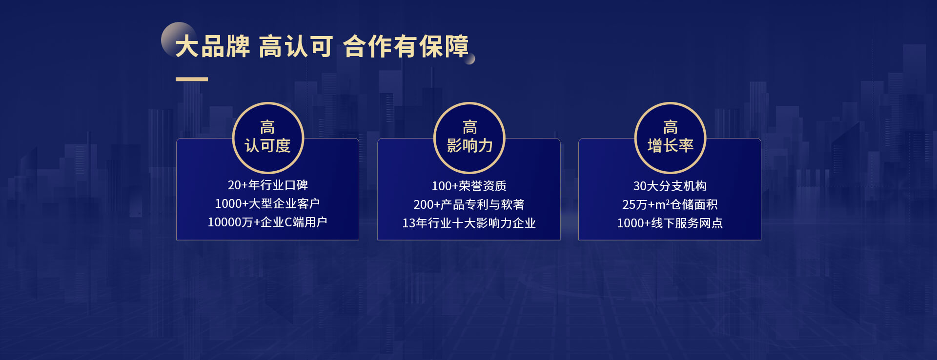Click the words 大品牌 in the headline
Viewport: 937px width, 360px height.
pos(212,47)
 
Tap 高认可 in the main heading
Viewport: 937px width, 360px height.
pos(296,47)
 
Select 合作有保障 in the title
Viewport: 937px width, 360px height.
pos(406,47)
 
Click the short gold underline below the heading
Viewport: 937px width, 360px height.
pos(192,79)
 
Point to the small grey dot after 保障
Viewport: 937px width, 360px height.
pos(470,59)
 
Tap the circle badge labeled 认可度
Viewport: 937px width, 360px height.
pos(268,138)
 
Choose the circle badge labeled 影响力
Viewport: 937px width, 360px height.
pos(469,138)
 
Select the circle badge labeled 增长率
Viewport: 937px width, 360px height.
pos(670,138)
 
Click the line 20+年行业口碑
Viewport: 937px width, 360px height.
pos(267,185)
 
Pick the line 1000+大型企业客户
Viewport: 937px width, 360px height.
pos(267,203)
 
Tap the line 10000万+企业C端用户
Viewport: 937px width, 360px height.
pos(267,222)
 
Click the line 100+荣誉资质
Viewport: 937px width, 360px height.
pos(469,186)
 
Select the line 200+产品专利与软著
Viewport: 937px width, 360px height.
pos(469,204)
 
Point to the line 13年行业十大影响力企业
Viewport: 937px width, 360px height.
pos(469,223)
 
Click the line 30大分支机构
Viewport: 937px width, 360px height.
pos(670,186)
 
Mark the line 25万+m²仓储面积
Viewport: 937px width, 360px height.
pos(670,204)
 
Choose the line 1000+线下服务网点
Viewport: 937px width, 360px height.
pos(670,223)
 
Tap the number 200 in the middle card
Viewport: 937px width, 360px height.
pos(424,204)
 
